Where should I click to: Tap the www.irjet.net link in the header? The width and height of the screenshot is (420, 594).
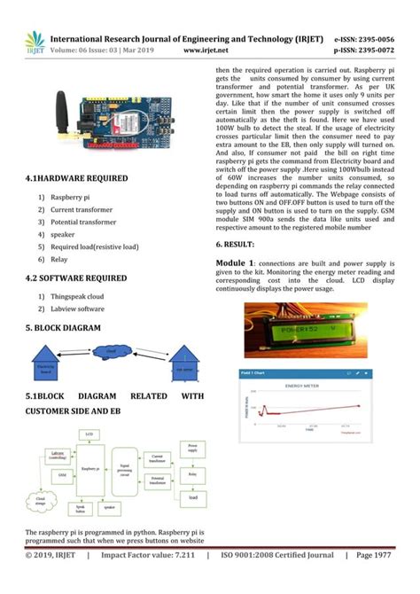tap(207, 51)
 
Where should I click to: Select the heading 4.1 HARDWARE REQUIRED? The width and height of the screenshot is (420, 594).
tap(76, 178)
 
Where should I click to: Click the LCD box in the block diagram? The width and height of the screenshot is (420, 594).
tap(89, 434)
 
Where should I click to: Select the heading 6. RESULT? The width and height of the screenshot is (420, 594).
tap(235, 243)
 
